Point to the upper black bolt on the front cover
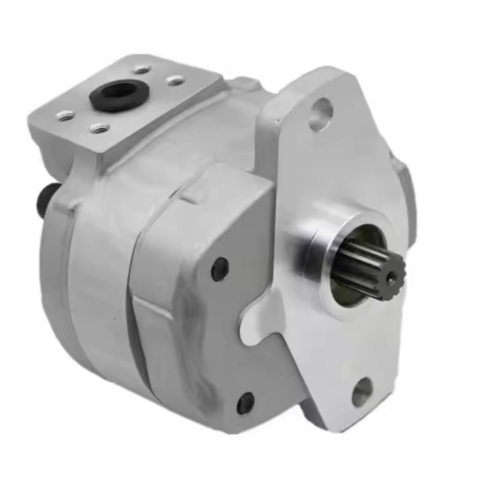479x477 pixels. pos(219,269)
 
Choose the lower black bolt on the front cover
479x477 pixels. pos(245,405)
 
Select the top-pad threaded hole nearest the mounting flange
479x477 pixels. pos(176,80)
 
